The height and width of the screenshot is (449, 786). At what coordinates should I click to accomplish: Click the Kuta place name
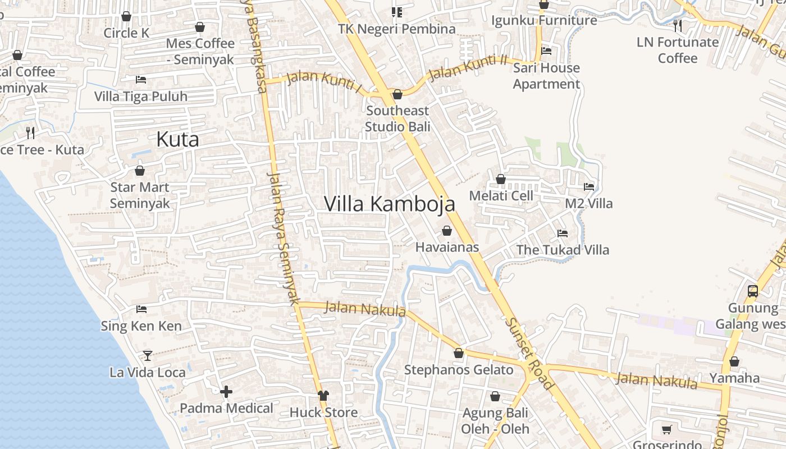tap(177, 139)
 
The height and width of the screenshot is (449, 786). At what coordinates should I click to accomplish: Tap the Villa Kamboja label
tap(390, 204)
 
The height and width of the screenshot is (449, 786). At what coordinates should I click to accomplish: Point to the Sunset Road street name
tap(529, 354)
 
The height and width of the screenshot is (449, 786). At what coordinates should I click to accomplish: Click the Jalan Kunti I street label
tap(325, 80)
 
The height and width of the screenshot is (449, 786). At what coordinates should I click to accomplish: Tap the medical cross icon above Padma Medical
tap(226, 392)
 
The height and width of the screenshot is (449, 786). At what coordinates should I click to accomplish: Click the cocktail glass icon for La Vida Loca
tap(148, 355)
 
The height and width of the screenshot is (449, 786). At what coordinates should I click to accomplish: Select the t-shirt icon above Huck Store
tap(323, 396)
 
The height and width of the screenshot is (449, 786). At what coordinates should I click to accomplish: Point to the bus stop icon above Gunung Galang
tap(753, 291)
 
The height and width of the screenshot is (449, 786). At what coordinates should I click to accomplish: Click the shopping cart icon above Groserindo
tap(667, 429)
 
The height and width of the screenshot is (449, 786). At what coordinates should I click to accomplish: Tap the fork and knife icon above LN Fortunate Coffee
tap(678, 25)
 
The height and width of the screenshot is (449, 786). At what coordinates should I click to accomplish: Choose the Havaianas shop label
tap(447, 247)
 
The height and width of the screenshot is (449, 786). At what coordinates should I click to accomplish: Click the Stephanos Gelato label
tap(459, 370)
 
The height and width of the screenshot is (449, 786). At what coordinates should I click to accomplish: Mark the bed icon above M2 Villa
tap(589, 186)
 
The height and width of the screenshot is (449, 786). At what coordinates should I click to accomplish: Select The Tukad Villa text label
tap(563, 250)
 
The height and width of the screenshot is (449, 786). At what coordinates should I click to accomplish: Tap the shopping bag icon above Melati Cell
tap(501, 179)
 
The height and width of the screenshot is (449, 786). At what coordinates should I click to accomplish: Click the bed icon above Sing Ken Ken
tap(141, 309)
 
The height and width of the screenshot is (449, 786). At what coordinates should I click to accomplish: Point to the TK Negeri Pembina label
tap(396, 29)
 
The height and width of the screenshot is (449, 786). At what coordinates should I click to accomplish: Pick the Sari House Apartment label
tap(546, 76)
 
